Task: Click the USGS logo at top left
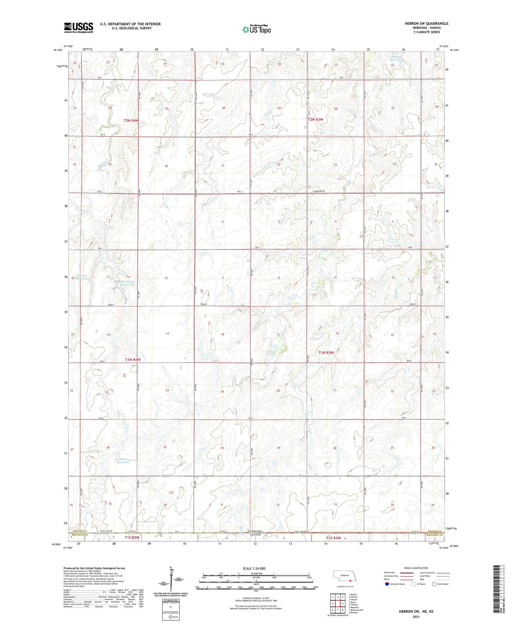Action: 79,28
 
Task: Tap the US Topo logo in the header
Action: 256,29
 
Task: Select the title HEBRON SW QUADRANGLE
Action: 426,24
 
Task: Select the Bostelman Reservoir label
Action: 127,283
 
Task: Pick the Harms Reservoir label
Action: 123,461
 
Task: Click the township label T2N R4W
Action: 131,121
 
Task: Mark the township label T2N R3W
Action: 316,119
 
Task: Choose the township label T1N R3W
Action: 326,353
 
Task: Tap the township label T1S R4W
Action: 132,538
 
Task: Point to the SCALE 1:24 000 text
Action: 254,568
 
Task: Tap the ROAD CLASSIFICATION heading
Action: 416,568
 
